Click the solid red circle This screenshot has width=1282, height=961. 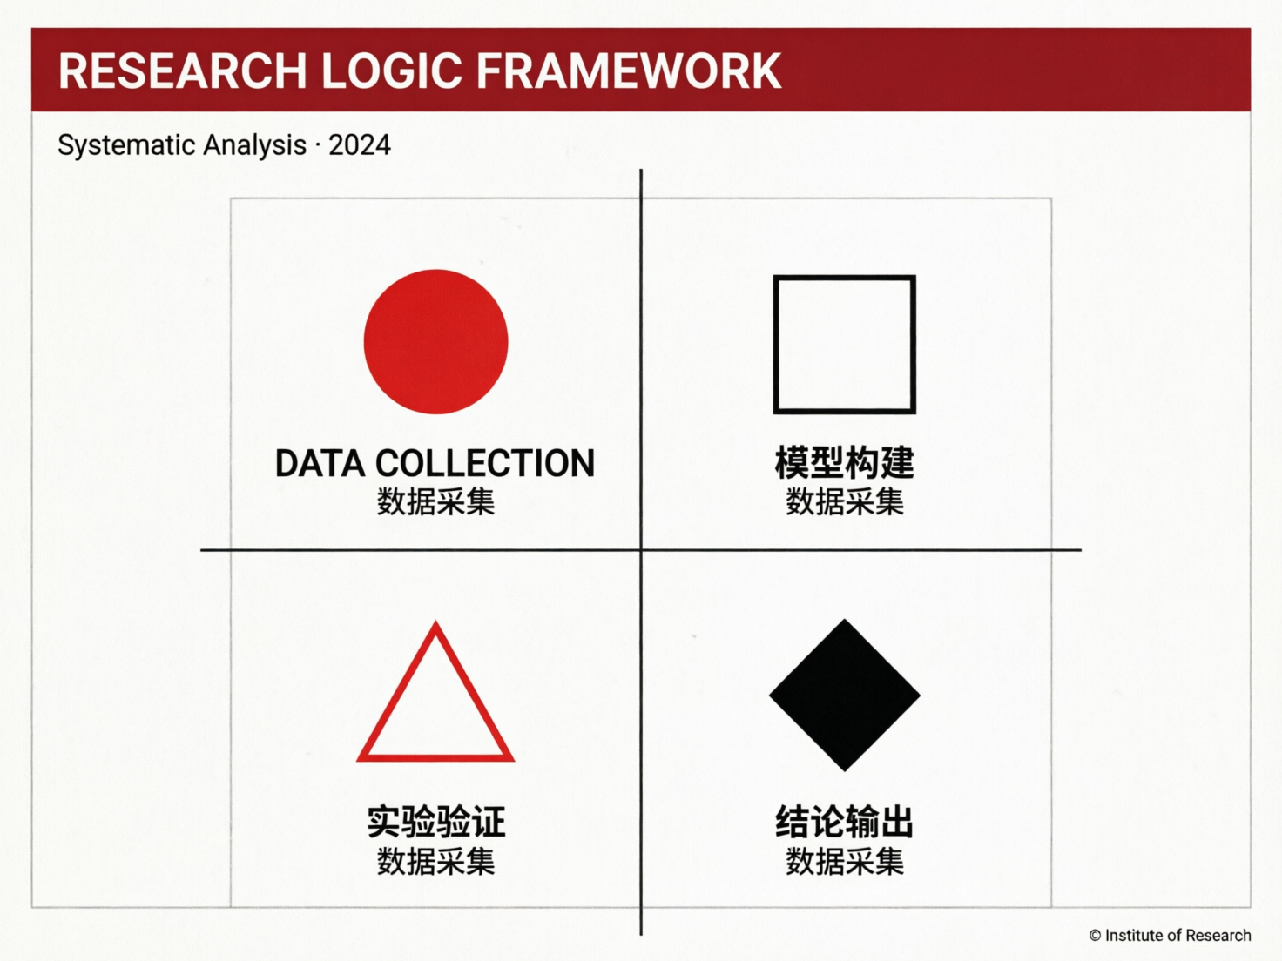[435, 341]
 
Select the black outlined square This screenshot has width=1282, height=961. [844, 344]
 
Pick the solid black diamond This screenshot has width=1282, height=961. [844, 695]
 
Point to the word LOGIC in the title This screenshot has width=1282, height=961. [391, 71]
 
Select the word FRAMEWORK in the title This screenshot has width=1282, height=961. [629, 71]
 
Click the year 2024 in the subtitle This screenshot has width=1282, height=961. [360, 144]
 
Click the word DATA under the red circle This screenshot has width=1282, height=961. [320, 464]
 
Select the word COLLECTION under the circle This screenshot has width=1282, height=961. [485, 464]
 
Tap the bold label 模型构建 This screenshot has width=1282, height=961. [844, 462]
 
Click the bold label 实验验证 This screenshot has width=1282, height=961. [435, 822]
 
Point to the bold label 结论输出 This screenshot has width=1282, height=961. [844, 822]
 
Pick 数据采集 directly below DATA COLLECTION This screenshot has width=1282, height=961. [435, 502]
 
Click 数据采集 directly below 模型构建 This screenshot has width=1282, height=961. [844, 502]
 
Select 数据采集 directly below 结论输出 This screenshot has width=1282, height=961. [844, 862]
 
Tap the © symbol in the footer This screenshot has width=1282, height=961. [1095, 936]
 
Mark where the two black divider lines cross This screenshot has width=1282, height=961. [641, 550]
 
